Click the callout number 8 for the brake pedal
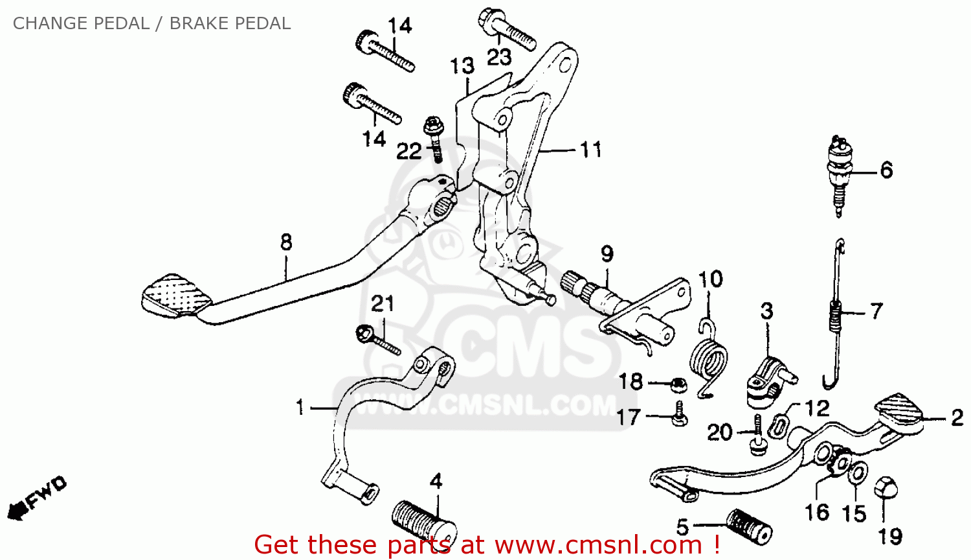[286, 243]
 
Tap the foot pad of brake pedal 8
[176, 295]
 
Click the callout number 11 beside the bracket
[590, 150]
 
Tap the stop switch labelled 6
[840, 175]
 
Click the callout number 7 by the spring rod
[876, 312]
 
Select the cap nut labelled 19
[885, 487]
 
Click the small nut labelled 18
[679, 384]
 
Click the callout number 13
[462, 66]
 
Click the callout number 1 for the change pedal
[300, 408]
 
